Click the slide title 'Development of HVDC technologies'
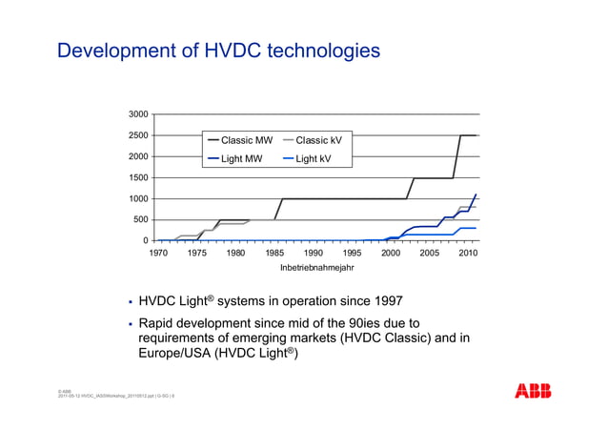(218, 50)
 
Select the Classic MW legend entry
(246, 140)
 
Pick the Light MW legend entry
(241, 159)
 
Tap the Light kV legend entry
(313, 159)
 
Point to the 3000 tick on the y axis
(138, 114)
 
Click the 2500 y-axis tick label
(138, 135)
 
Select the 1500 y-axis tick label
(138, 177)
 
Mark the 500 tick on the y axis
(141, 219)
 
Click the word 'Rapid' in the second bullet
(160, 324)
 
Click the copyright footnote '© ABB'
(65, 390)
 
